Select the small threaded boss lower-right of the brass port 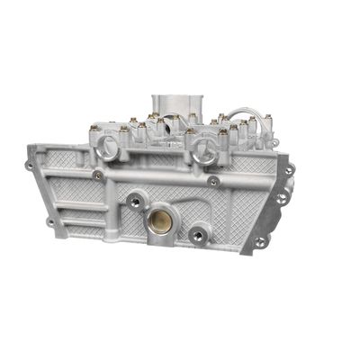click(x=197, y=237)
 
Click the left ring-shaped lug click(x=110, y=149)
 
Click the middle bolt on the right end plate click(x=282, y=197)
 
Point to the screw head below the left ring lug click(x=97, y=173)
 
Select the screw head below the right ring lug click(x=213, y=180)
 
